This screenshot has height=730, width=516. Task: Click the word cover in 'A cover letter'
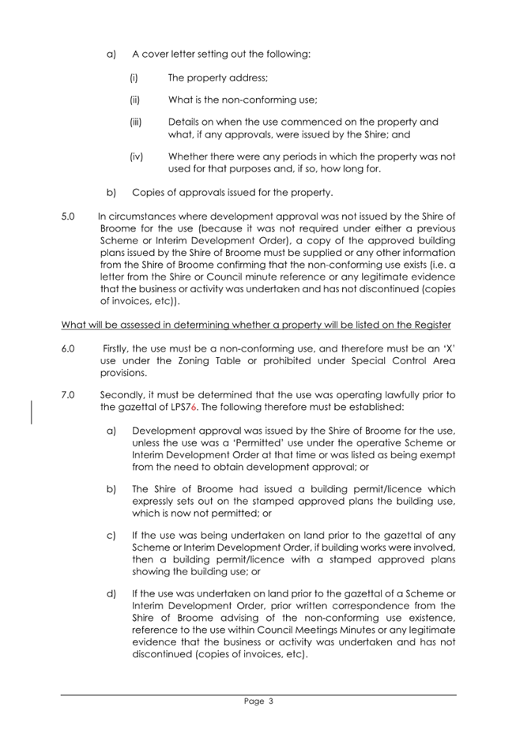tap(156, 55)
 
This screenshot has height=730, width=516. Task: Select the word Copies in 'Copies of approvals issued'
tap(148, 192)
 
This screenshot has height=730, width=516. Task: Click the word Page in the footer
tap(253, 700)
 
